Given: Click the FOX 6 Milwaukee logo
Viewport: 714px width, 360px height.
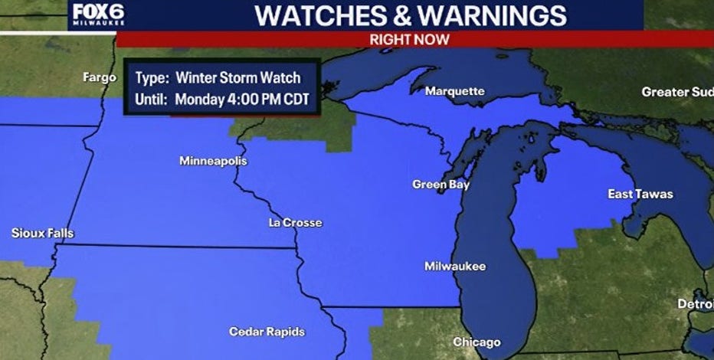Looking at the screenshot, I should tap(97, 14).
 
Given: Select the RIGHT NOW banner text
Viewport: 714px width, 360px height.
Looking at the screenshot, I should tap(409, 39).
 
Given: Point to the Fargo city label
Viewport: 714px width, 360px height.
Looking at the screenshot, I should tap(100, 77).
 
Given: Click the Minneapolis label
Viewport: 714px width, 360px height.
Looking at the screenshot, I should tap(213, 161).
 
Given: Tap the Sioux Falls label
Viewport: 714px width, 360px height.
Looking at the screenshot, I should tap(42, 233).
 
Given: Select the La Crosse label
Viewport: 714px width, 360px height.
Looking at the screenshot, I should tap(295, 223).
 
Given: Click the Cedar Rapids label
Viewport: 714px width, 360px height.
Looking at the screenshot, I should tap(267, 332).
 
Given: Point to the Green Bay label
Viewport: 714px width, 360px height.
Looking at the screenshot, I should tap(441, 185).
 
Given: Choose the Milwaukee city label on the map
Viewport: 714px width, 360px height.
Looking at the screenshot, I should tap(455, 267).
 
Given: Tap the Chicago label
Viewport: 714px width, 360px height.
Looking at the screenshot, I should tap(476, 342).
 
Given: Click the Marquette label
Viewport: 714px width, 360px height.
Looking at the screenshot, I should tap(454, 91).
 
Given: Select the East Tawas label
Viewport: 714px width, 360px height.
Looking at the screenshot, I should tap(640, 194).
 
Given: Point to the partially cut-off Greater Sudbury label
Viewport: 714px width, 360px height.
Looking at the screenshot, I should tap(676, 92).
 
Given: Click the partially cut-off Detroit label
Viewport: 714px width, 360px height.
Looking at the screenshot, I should tap(695, 304).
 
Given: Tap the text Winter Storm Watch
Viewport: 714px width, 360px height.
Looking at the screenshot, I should tap(237, 77).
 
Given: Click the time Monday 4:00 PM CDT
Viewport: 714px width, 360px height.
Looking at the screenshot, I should tap(241, 99).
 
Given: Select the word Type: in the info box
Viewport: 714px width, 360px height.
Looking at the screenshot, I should tap(152, 77).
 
